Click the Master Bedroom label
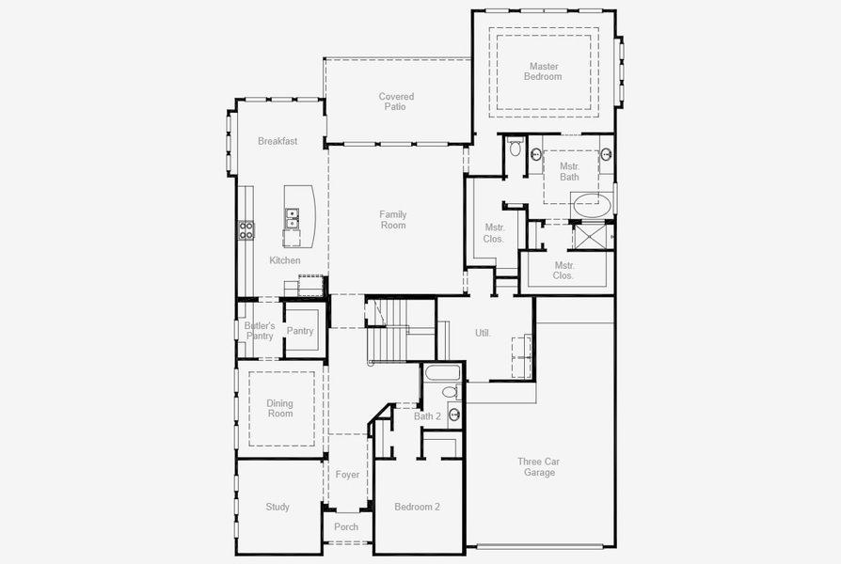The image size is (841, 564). tap(544, 71)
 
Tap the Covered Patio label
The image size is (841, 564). tap(396, 102)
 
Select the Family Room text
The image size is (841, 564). tap(393, 220)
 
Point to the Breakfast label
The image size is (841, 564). tap(278, 141)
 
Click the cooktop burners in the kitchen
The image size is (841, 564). tap(246, 230)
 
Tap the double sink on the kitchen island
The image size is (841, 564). tap(292, 219)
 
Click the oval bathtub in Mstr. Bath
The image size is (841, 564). tap(593, 204)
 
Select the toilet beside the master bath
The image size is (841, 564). tap(515, 149)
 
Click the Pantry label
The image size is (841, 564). tap(300, 331)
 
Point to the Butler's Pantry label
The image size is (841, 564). tap(260, 331)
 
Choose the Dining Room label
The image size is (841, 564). tap(279, 408)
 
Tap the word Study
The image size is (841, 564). tap(278, 508)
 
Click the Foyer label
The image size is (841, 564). tap(347, 475)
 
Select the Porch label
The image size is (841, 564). tap(346, 527)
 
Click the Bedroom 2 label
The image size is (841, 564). tap(417, 508)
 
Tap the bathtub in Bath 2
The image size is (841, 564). tap(441, 372)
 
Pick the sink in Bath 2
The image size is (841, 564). tap(454, 415)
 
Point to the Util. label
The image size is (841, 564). tap(483, 333)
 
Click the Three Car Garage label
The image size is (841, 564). tap(539, 466)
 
